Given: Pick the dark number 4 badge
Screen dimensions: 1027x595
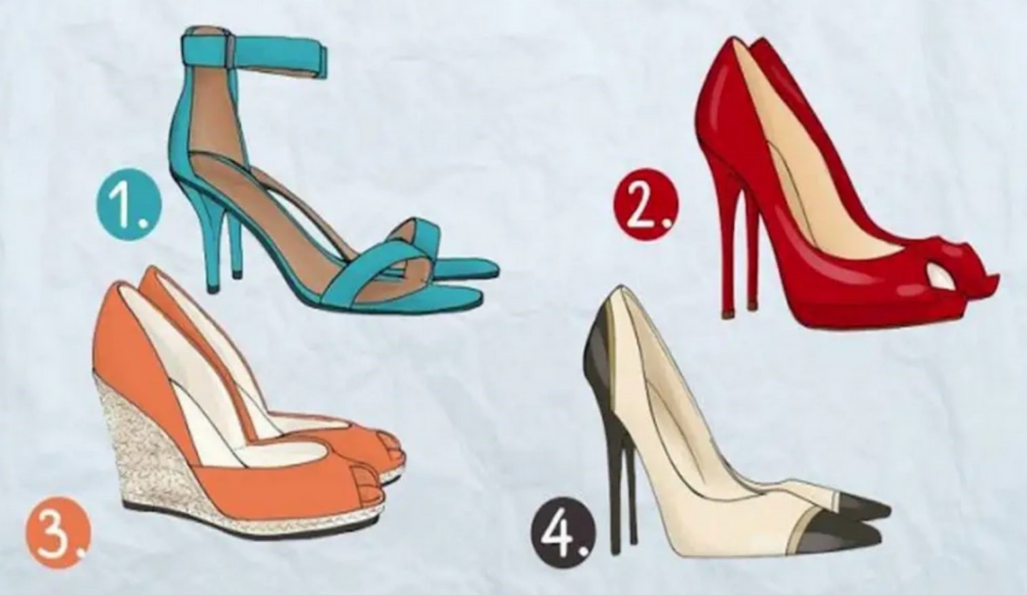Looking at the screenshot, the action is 564,534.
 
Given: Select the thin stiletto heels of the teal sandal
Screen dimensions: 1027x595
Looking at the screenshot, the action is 220,238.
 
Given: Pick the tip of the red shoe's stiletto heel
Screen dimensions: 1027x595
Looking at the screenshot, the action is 727,314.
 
